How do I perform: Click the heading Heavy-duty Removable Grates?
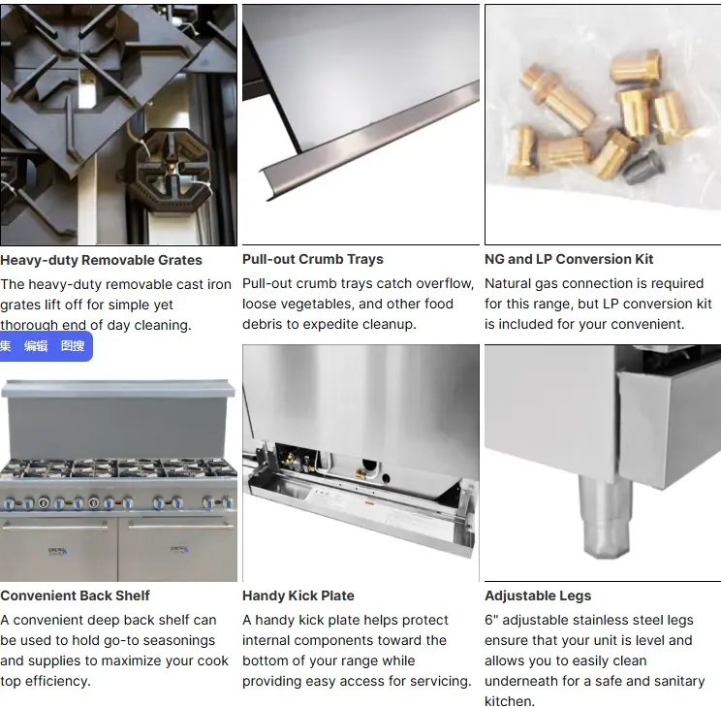click(x=101, y=260)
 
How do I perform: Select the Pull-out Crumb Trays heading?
click(x=313, y=259)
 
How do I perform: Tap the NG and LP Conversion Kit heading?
click(x=569, y=259)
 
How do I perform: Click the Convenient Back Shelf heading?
click(x=75, y=595)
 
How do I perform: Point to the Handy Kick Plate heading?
click(x=298, y=595)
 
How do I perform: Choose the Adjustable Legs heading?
click(x=538, y=595)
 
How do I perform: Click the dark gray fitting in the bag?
click(x=643, y=167)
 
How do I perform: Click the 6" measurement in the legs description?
click(x=491, y=620)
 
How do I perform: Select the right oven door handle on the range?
click(x=181, y=526)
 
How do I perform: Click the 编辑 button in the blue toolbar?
click(x=36, y=346)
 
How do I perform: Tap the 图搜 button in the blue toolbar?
click(x=73, y=346)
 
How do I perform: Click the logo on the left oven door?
click(x=58, y=551)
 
